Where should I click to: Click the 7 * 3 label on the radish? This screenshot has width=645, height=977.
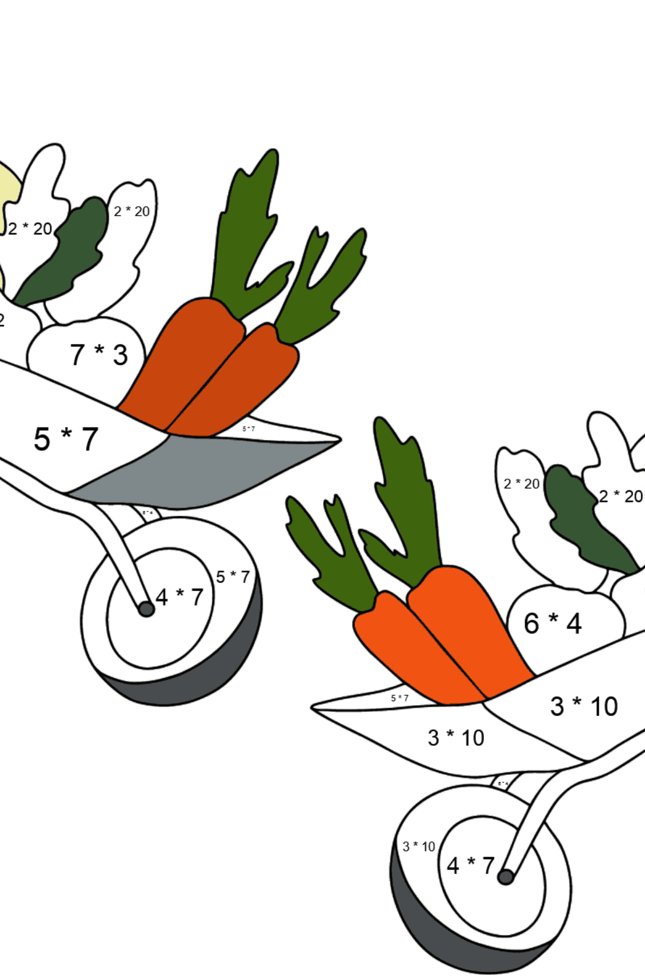click(x=99, y=355)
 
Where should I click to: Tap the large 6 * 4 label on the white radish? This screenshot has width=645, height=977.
click(x=553, y=623)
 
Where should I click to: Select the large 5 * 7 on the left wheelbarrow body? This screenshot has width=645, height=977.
click(x=66, y=439)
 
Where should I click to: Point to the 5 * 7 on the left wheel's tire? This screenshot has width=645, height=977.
click(x=233, y=577)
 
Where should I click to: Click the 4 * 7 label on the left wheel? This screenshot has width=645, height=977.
click(x=179, y=597)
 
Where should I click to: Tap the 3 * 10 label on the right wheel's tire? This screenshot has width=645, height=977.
click(x=419, y=846)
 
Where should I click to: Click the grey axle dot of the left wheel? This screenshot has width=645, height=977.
click(x=146, y=609)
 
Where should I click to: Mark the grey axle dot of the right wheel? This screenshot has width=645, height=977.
click(x=505, y=877)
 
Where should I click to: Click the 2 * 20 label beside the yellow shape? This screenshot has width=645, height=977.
click(x=30, y=228)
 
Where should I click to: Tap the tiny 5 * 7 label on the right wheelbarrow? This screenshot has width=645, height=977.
click(x=399, y=698)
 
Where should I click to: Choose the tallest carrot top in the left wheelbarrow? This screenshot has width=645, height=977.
click(x=250, y=226)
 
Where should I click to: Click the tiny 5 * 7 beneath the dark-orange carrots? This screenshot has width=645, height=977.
click(x=248, y=429)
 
